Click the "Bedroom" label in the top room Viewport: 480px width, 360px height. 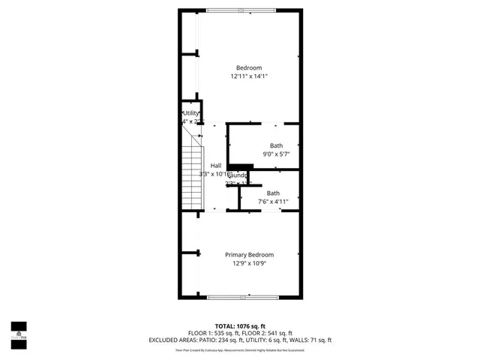pos(249,67)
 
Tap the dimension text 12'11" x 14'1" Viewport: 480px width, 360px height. pos(249,76)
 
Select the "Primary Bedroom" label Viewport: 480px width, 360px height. pos(249,255)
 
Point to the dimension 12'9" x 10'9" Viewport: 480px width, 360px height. pos(249,263)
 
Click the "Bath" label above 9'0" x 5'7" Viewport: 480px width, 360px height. pos(277,145)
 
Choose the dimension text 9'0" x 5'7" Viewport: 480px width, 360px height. pos(276,154)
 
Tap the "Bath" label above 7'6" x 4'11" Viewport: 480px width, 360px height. pos(273,193)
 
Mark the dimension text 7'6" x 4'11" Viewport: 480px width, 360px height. pos(273,202)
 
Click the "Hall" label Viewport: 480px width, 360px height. pos(216,166)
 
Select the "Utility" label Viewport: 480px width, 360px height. pos(190,113)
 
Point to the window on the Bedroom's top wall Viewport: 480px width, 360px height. pos(241,10)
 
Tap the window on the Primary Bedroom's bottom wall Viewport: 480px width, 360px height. pos(241,298)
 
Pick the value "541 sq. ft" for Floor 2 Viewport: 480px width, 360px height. pos(277,333)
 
